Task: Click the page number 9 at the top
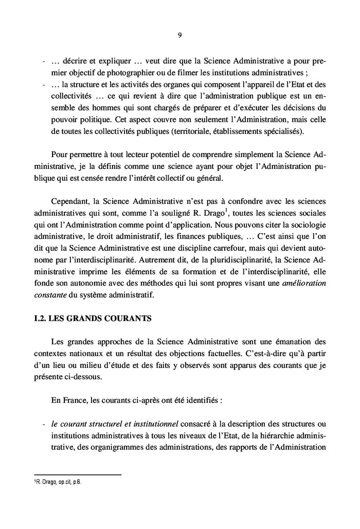(180, 36)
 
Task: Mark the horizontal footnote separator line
(77, 475)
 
